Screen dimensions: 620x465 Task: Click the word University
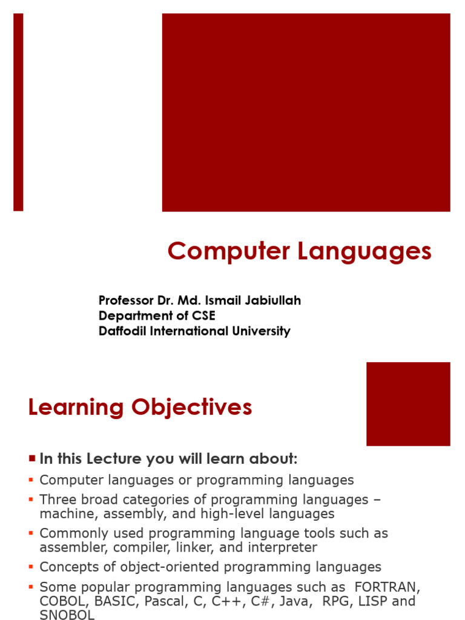coord(262,331)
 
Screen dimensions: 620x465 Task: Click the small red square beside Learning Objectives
coord(408,403)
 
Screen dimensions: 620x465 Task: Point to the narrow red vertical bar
coord(18,112)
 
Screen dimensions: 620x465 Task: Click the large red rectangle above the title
coord(306,112)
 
